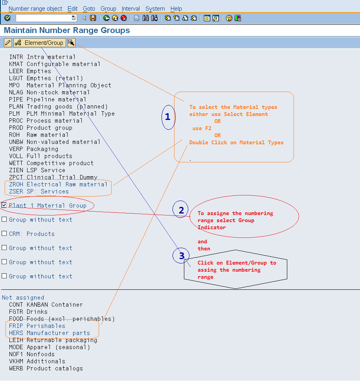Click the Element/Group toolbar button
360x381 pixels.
[39, 42]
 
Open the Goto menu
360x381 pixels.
[89, 8]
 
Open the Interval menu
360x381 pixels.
[131, 8]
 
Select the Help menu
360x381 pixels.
[176, 8]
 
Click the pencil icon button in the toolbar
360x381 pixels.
[8, 42]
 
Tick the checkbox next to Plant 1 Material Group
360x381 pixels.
[4, 205]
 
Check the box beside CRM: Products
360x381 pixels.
[4, 234]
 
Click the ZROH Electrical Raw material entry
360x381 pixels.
[58, 184]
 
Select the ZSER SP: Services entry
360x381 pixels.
[39, 191]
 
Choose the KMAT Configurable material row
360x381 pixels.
[55, 64]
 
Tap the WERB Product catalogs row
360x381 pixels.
[46, 368]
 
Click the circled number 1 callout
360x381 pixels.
[168, 117]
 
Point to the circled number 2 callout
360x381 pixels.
[181, 210]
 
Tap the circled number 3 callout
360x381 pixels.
[181, 256]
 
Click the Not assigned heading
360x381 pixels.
[23, 298]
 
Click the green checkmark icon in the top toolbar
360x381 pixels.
[7, 18]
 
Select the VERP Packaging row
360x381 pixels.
[33, 149]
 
